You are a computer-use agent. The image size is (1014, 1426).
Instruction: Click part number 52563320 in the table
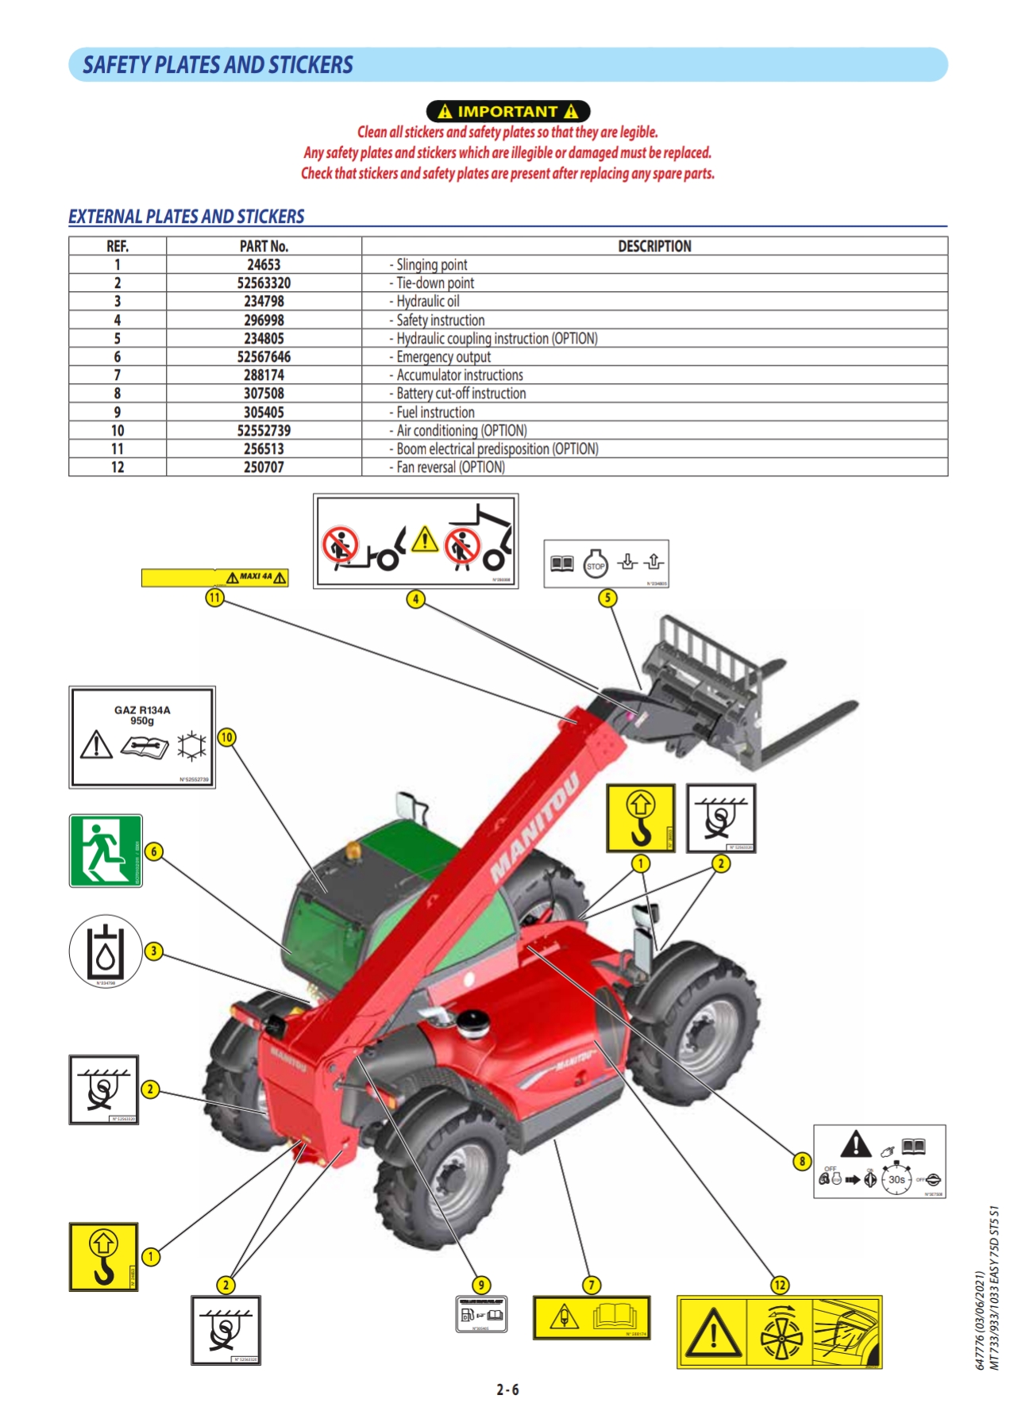[x=264, y=283]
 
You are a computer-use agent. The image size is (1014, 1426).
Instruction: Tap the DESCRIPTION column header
[x=654, y=246]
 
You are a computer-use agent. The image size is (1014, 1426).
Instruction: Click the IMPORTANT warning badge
[x=507, y=111]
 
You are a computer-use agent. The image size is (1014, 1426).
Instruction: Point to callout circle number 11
[x=214, y=598]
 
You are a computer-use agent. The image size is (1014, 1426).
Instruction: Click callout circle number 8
[x=802, y=1161]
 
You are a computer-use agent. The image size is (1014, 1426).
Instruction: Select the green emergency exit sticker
[x=106, y=851]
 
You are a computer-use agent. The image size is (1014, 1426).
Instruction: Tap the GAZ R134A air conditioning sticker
[x=142, y=737]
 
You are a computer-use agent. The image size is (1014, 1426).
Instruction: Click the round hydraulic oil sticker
[x=106, y=951]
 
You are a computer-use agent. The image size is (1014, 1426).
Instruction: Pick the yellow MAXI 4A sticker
[x=214, y=578]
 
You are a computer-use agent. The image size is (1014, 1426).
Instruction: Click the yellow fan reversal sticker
[x=779, y=1332]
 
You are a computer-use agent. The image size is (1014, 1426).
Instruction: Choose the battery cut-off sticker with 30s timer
[x=879, y=1161]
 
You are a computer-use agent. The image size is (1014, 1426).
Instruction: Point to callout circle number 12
[x=780, y=1285]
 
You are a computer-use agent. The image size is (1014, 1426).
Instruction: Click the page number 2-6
[x=507, y=1389]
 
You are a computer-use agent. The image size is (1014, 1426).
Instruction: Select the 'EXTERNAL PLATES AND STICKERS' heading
[x=187, y=217]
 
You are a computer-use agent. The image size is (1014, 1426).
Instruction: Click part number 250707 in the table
[x=264, y=467]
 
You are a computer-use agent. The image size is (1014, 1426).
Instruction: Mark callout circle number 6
[x=154, y=851]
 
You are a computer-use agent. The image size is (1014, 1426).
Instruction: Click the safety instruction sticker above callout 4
[x=415, y=541]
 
